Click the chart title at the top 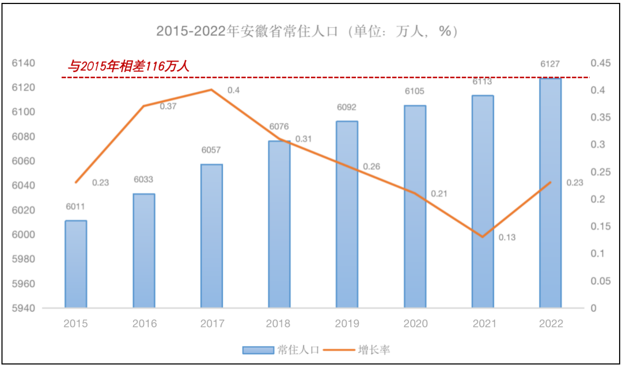point(307,31)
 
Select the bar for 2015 point(75,264)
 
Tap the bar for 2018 point(279,224)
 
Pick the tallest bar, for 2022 point(550,193)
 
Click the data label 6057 point(211,150)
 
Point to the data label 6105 point(415,91)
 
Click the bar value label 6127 point(551,64)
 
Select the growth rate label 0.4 point(233,90)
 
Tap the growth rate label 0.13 point(507,237)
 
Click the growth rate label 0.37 point(168,106)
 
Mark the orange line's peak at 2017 point(211,90)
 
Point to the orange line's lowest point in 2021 point(482,237)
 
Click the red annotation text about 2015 point(128,67)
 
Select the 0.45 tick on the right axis point(601,63)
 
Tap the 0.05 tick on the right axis point(601,281)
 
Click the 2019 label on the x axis point(347,323)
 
